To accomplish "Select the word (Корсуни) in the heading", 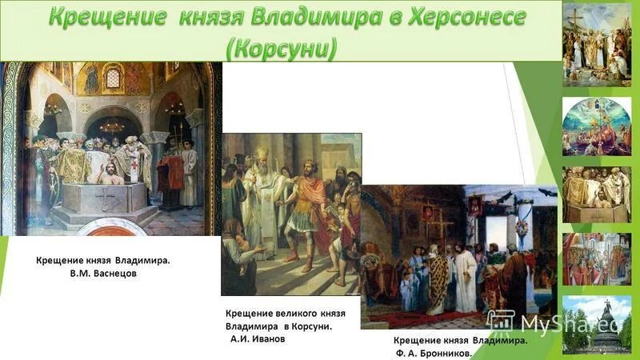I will tap(282, 46).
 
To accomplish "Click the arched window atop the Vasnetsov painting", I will tap(113, 78).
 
